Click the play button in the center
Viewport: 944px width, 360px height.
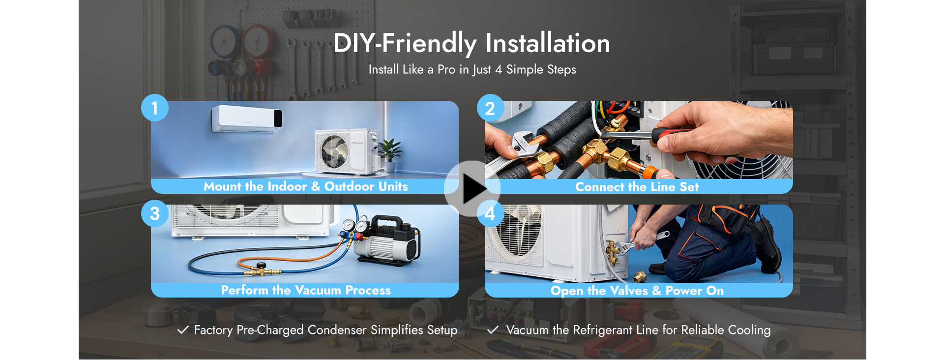pyautogui.click(x=472, y=189)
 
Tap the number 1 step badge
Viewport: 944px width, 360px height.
pyautogui.click(x=155, y=108)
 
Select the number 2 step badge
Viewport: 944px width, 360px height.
pyautogui.click(x=490, y=108)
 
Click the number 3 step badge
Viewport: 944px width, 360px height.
pyautogui.click(x=155, y=213)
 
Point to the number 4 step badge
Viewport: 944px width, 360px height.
pyautogui.click(x=490, y=213)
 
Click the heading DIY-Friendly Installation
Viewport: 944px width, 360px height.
pyautogui.click(x=472, y=43)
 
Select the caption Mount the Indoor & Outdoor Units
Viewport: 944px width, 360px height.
pyautogui.click(x=306, y=186)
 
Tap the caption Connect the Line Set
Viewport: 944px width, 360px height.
pyautogui.click(x=637, y=187)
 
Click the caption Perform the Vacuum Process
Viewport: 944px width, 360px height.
pyautogui.click(x=306, y=290)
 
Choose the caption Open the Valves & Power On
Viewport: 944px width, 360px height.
pyautogui.click(x=637, y=291)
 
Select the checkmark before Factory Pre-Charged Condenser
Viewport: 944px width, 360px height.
pyautogui.click(x=183, y=330)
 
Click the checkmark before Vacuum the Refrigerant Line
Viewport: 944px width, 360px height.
pyautogui.click(x=493, y=330)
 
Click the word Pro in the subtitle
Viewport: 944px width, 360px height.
pyautogui.click(x=446, y=70)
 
